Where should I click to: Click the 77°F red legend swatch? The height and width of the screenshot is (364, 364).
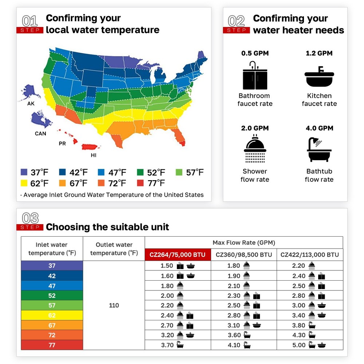click(x=141, y=183)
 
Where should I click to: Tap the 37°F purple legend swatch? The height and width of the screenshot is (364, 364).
click(x=24, y=172)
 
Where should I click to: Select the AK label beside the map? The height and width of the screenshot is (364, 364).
click(x=31, y=104)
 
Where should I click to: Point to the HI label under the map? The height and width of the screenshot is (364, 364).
click(x=94, y=155)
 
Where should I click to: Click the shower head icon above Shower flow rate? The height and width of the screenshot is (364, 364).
click(x=255, y=149)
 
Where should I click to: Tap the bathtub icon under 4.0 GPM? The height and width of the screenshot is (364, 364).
click(x=319, y=149)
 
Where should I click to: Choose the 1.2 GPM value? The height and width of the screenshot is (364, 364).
click(x=319, y=53)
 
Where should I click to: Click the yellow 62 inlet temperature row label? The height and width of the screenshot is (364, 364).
click(x=52, y=316)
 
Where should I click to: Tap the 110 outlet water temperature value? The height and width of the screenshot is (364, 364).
click(x=114, y=305)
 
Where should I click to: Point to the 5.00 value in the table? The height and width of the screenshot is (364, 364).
click(x=299, y=345)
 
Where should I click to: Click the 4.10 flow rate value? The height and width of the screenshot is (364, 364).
click(x=234, y=345)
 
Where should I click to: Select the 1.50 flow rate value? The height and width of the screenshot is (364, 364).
click(x=167, y=266)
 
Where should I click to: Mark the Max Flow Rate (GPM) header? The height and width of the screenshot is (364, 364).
click(x=244, y=242)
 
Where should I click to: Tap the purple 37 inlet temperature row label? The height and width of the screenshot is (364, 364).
click(x=52, y=266)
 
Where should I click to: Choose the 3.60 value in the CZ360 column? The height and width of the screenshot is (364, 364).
click(x=234, y=335)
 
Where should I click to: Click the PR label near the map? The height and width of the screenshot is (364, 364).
click(x=62, y=143)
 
